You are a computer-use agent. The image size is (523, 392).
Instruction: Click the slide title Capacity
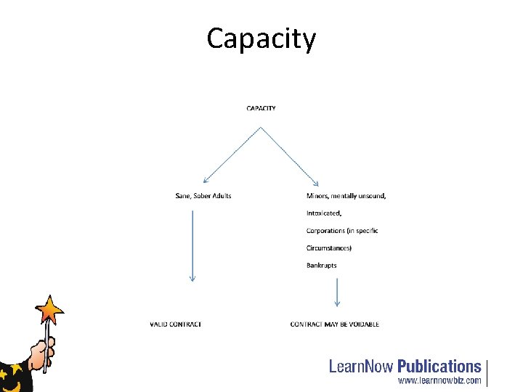[261, 38]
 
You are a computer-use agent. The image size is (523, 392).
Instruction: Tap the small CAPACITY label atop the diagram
[261, 108]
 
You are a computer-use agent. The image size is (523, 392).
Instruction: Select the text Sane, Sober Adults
[203, 195]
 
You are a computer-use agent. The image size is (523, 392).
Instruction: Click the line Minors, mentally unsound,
[346, 195]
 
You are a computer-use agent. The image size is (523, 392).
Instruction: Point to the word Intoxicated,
[324, 213]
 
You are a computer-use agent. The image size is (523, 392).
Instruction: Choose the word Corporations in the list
[325, 231]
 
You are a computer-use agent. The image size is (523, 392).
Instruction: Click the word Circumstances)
[329, 248]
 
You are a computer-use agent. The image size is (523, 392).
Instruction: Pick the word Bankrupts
[321, 266]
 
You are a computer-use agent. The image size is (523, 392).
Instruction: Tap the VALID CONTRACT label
[176, 324]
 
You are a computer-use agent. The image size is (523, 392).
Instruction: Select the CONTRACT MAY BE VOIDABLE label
[334, 324]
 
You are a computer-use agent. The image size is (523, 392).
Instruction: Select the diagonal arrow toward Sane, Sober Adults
[232, 155]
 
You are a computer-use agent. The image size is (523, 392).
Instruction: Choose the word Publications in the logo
[439, 366]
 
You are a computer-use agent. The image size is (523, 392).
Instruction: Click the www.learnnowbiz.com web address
[439, 380]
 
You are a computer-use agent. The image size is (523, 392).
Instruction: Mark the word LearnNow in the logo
[362, 366]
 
